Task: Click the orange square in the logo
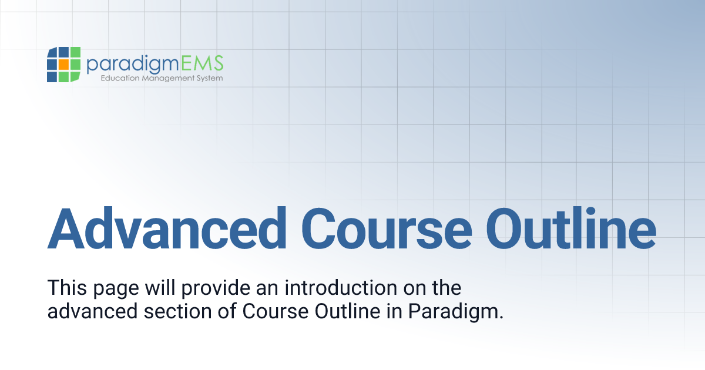coord(63,64)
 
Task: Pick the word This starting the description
coord(66,288)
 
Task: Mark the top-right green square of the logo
coord(75,52)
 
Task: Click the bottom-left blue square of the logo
coord(52,76)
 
